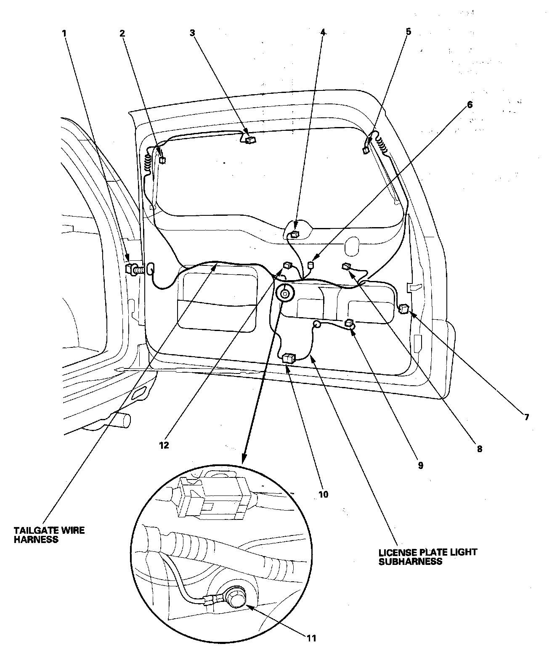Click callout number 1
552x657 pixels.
pos(64,32)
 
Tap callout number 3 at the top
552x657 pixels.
pos(192,32)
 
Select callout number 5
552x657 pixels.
pos(409,31)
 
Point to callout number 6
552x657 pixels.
pos(470,104)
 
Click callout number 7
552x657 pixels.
pos(525,417)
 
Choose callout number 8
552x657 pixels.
pos(479,449)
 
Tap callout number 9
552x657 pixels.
pos(420,465)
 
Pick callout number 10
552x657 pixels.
pos(323,494)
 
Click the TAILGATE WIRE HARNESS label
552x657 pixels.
pos(49,535)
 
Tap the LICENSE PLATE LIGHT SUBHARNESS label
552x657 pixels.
pos(428,556)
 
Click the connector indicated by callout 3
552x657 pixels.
pos(251,140)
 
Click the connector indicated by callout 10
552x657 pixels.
pos(289,358)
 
